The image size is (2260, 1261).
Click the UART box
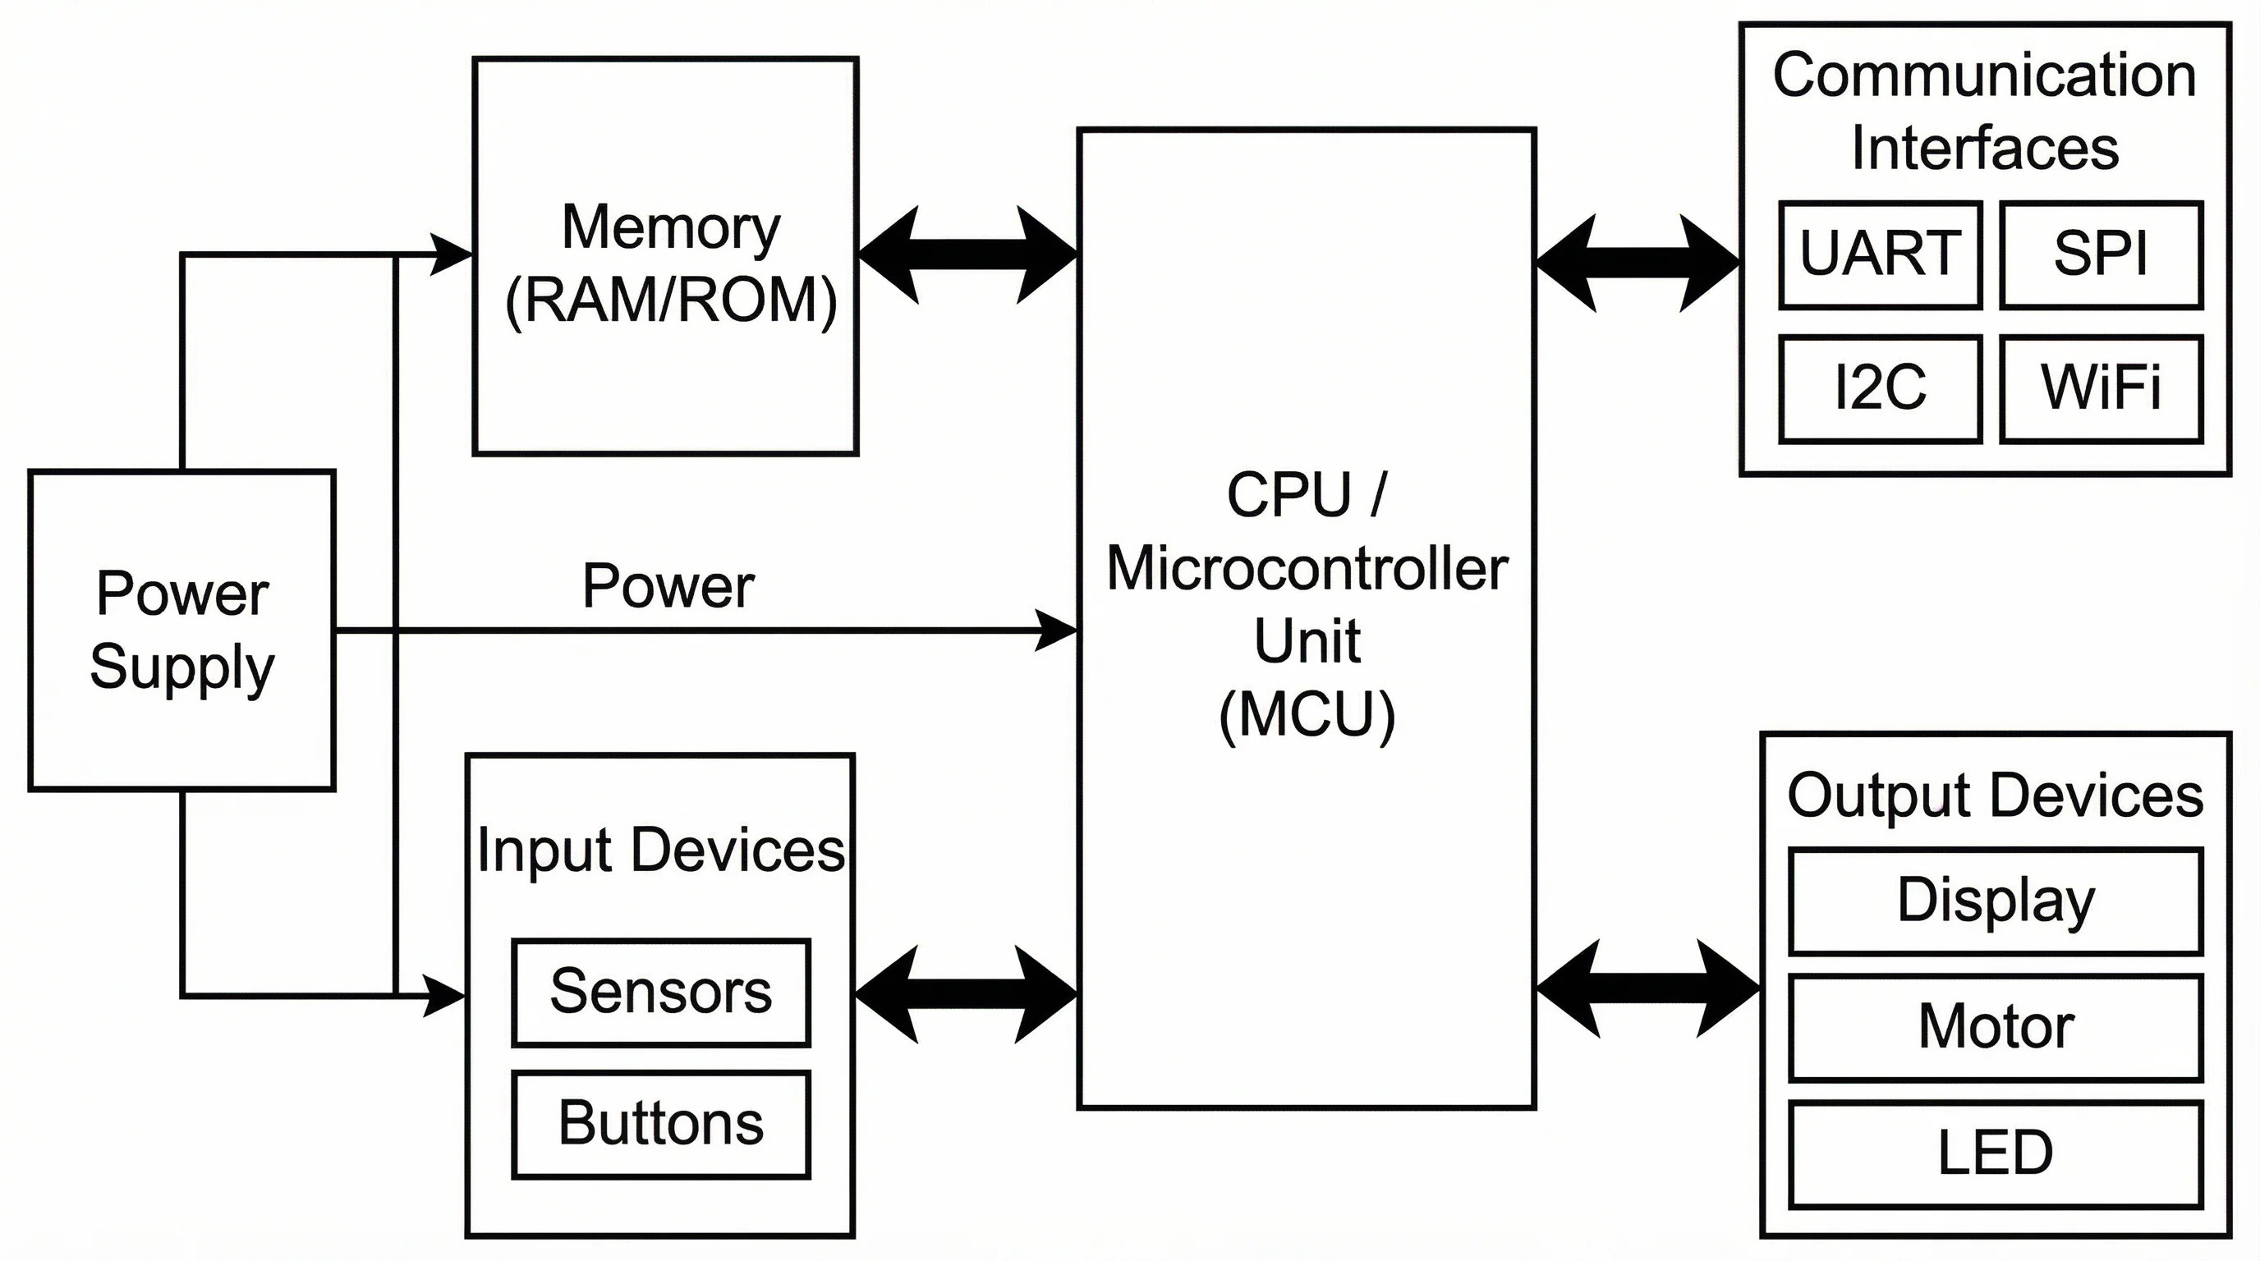pyautogui.click(x=1880, y=255)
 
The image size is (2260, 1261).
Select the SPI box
pyautogui.click(x=2102, y=255)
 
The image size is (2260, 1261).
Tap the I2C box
pyautogui.click(x=1880, y=388)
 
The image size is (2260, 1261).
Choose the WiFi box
pyautogui.click(x=2102, y=388)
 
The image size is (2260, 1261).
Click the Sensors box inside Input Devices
pyautogui.click(x=660, y=993)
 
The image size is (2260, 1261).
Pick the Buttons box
pyautogui.click(x=660, y=1124)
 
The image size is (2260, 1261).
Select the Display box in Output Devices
pyautogui.click(x=1996, y=901)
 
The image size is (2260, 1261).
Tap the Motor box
pyautogui.click(x=1996, y=1027)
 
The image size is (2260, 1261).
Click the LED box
pyautogui.click(x=1996, y=1154)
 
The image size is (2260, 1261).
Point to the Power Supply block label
pyautogui.click(x=182, y=630)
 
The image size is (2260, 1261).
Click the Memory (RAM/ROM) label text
pyautogui.click(x=670, y=263)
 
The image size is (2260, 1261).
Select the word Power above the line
pyautogui.click(x=668, y=586)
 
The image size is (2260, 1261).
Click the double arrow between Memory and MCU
pyautogui.click(x=967, y=255)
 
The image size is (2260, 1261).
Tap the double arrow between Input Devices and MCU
pyautogui.click(x=966, y=994)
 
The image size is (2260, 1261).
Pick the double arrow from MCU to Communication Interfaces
pyautogui.click(x=1637, y=263)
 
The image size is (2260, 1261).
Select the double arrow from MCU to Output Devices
pyautogui.click(x=1647, y=989)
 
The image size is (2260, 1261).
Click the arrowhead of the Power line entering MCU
pyautogui.click(x=1056, y=630)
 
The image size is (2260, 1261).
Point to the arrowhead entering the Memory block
pyautogui.click(x=451, y=254)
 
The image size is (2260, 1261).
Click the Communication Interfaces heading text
pyautogui.click(x=1985, y=111)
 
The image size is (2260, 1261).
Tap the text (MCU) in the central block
pyautogui.click(x=1307, y=716)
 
